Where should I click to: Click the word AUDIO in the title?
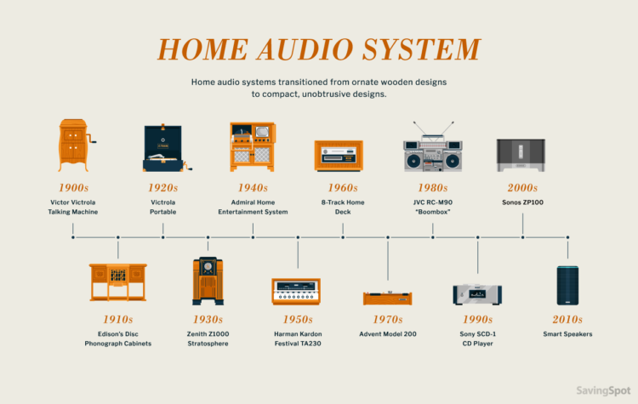(x=319, y=49)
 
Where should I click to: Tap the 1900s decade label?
(x=73, y=187)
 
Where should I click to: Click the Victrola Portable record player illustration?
(x=162, y=149)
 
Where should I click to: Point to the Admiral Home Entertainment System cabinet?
(x=253, y=147)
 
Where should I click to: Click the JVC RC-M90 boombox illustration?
(x=432, y=150)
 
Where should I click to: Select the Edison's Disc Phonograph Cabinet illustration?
(x=118, y=282)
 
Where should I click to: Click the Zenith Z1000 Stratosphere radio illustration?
(x=208, y=281)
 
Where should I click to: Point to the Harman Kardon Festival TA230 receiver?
(x=297, y=291)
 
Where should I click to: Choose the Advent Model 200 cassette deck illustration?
(x=388, y=299)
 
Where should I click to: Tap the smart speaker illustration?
(x=567, y=285)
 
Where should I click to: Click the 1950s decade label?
(x=297, y=320)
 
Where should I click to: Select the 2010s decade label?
(x=567, y=320)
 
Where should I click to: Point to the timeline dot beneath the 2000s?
(x=522, y=237)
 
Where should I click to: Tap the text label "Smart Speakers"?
(x=567, y=334)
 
